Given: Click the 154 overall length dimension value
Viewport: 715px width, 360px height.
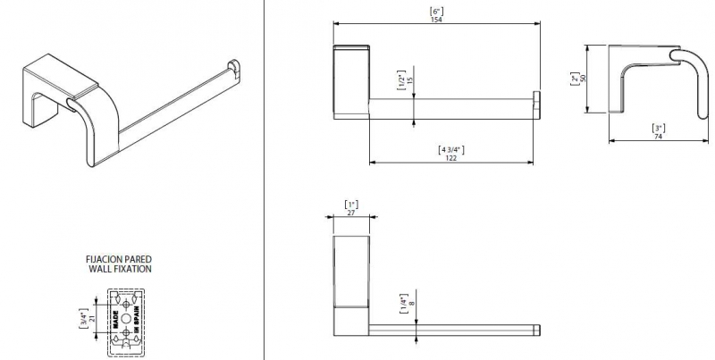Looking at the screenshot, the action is coord(436,20).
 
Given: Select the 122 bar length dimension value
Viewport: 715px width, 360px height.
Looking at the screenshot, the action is coord(450,158).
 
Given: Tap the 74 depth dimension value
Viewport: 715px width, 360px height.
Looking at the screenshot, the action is coord(658,136).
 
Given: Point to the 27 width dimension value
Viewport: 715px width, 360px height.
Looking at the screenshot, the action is coord(350,212).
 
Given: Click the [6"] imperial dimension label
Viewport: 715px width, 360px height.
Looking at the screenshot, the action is coord(436,12).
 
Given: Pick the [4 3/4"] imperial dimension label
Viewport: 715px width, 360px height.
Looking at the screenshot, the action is coord(451,149).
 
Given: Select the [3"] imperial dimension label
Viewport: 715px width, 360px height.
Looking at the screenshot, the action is coord(658,128).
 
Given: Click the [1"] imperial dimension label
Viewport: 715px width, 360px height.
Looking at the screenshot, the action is coord(351,205).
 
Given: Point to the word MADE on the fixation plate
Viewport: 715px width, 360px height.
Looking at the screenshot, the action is coord(115,320).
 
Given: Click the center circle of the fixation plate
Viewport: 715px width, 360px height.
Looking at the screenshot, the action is coord(126,319).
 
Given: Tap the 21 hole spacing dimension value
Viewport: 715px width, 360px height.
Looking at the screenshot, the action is coord(93,319).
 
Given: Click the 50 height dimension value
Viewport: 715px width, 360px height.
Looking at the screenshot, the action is coord(583,79).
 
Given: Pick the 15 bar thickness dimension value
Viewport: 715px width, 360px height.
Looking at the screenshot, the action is coord(409,80).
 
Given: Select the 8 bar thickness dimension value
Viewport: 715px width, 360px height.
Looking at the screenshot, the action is coord(412,302).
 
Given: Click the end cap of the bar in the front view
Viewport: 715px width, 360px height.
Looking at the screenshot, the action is coord(537,105).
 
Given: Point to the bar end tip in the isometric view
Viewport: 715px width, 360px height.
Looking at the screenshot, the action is coord(233,67).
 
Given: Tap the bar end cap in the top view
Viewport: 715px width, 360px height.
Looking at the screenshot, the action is coord(537,331).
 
